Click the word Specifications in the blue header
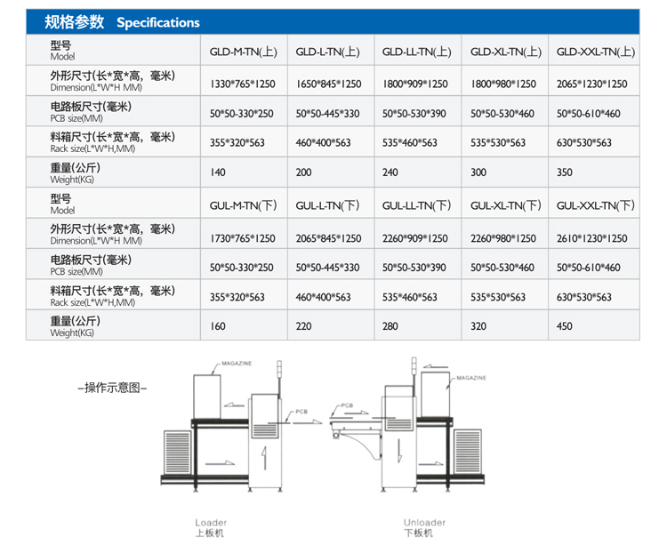click(158, 22)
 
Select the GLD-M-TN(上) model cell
click(245, 52)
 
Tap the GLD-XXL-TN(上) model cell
click(595, 52)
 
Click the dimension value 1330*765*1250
click(244, 84)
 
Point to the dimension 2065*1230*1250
click(591, 84)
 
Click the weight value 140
click(218, 172)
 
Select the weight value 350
click(565, 172)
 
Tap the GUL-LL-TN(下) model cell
click(417, 205)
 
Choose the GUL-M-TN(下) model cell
click(245, 205)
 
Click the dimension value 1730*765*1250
click(244, 238)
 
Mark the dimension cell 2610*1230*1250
click(591, 238)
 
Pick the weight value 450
click(565, 326)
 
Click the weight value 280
click(390, 326)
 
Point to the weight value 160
click(218, 326)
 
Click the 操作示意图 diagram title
click(112, 387)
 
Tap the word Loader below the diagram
click(211, 523)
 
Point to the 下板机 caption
click(418, 533)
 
